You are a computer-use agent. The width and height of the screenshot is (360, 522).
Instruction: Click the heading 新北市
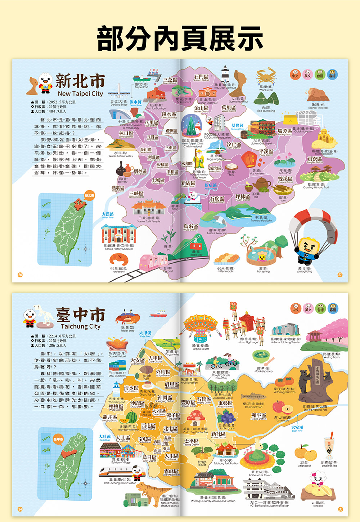click(x=80, y=81)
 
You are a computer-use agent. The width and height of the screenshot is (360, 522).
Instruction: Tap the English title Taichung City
click(x=80, y=326)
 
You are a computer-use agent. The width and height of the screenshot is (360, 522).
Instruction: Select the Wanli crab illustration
click(x=266, y=76)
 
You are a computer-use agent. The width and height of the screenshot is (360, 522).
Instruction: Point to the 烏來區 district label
click(x=190, y=227)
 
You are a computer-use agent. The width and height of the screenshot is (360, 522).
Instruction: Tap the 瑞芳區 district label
click(x=284, y=131)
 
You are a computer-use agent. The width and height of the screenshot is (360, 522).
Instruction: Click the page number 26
click(x=20, y=275)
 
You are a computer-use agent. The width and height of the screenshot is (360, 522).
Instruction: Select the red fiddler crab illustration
click(x=127, y=318)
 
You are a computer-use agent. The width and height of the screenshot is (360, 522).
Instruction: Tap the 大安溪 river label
click(x=297, y=427)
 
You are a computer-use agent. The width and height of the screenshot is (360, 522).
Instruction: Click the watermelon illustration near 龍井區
click(x=132, y=418)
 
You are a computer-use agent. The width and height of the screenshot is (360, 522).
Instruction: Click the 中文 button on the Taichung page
click(x=296, y=308)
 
